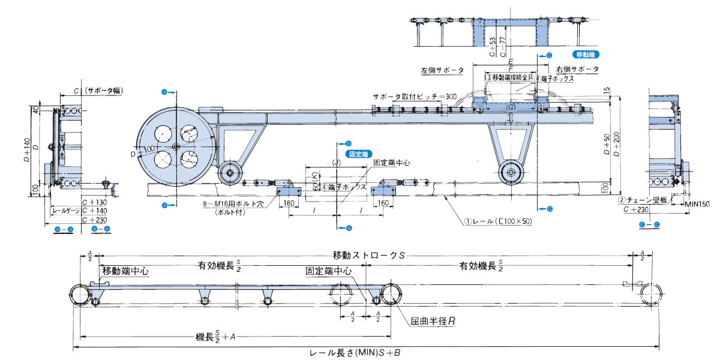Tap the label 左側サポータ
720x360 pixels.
[442, 70]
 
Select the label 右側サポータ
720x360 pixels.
[577, 70]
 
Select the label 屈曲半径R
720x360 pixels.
[433, 322]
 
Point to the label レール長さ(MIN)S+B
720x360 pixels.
[354, 353]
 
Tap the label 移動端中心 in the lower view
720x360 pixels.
[125, 271]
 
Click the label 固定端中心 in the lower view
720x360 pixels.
[328, 271]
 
